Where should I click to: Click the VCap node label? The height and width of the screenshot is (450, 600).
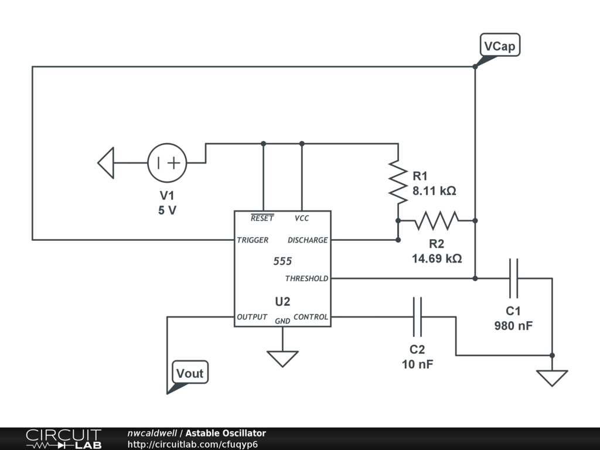500,45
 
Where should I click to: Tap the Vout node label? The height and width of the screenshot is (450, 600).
190,372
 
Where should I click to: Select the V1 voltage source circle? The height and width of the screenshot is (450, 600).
167,163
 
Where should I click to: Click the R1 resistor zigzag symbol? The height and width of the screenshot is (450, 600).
398,182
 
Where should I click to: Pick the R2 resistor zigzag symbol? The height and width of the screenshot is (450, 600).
437,221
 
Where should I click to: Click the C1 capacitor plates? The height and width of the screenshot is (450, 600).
513,278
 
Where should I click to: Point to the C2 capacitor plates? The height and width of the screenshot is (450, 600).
417,317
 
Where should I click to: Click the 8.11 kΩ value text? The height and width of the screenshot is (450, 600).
434,190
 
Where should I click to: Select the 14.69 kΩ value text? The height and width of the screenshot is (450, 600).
437,258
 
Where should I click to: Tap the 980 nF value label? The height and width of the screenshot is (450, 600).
513,326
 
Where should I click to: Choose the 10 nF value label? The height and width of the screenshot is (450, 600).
417,364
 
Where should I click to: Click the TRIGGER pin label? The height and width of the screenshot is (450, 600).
253,240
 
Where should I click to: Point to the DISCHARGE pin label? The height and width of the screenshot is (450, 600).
308,240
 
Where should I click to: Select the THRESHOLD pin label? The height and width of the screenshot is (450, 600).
306,278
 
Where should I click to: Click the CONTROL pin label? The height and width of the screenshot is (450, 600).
311,317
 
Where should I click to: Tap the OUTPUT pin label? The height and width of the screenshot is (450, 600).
252,317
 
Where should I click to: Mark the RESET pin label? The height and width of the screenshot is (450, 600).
262,218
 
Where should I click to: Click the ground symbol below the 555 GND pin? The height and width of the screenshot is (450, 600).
282,359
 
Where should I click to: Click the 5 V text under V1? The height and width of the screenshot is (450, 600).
167,210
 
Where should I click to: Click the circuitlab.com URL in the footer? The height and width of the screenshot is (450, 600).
192,444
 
